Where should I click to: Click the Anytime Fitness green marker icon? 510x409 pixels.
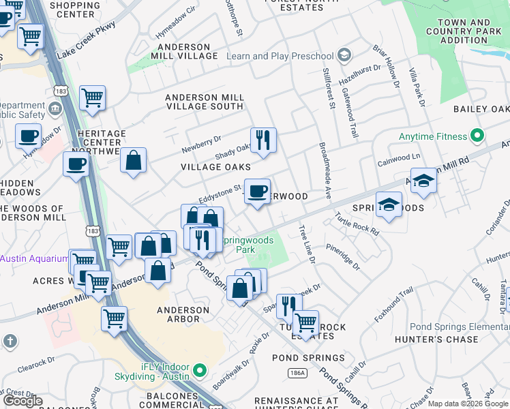(x=477, y=136)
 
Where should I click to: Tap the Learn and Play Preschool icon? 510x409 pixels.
(x=344, y=55)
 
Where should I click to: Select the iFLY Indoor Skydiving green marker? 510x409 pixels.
(x=199, y=372)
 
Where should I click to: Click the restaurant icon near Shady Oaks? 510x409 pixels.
(x=263, y=140)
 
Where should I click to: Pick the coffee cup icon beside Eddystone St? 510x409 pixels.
(x=257, y=192)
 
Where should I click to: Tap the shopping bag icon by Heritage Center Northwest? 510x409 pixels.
(x=134, y=161)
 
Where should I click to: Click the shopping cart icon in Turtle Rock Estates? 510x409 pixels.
(x=305, y=321)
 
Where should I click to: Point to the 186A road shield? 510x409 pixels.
(x=297, y=373)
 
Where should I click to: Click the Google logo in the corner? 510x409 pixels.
(x=22, y=401)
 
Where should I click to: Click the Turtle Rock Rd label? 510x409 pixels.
(x=357, y=224)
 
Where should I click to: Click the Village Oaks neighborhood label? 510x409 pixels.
(x=215, y=167)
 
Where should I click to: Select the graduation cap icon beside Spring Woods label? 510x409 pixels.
(x=389, y=204)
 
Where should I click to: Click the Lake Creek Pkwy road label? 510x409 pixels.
(x=87, y=40)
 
